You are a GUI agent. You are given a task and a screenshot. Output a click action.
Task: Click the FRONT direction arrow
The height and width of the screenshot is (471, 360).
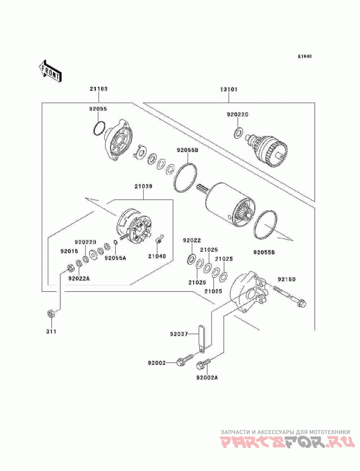[x=50, y=71]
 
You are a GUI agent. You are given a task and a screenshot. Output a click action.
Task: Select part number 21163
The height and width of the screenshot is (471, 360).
[x=99, y=89]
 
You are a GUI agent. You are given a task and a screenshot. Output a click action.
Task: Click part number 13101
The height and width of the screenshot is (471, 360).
[x=229, y=89]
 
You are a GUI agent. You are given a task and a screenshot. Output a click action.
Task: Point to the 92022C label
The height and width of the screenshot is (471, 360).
[x=238, y=114]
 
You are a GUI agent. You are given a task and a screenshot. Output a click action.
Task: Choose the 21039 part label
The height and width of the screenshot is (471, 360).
[x=143, y=186]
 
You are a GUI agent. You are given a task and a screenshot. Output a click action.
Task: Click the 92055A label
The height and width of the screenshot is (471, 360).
[x=116, y=258]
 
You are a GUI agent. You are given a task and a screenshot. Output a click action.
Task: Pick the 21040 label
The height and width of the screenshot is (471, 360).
[x=157, y=256]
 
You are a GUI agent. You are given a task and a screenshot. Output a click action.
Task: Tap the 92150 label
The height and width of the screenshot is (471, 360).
[x=287, y=279]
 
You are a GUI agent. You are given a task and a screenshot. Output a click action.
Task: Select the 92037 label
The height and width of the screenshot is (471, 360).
[x=179, y=334]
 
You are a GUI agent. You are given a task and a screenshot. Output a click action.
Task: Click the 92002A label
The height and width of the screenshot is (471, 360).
[x=207, y=378]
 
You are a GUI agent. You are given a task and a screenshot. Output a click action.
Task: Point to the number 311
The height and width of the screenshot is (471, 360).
[x=51, y=331]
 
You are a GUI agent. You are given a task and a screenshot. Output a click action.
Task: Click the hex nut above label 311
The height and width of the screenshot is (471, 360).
[x=51, y=313]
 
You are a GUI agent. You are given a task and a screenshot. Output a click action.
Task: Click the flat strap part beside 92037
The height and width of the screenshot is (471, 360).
[x=202, y=338]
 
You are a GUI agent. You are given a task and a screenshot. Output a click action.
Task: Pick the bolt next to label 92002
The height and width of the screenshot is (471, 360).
[x=186, y=359]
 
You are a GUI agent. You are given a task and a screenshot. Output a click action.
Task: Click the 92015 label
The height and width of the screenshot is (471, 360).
[x=69, y=251]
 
